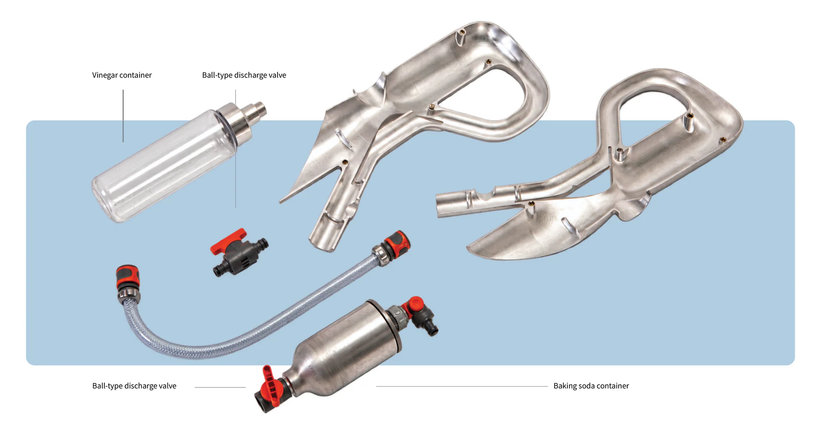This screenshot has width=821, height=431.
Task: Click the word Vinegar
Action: (105, 75)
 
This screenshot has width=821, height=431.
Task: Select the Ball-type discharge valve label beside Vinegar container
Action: (244, 75)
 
